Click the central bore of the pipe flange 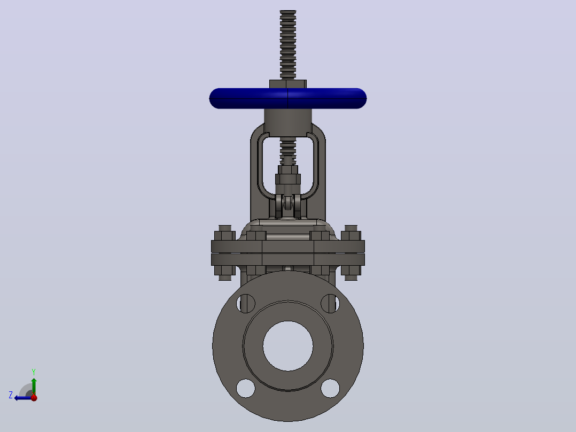click(288, 346)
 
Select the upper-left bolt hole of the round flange click(246, 304)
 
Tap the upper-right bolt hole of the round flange click(330, 304)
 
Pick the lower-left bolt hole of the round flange click(246, 388)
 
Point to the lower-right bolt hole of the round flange click(330, 388)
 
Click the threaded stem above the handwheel click(287, 45)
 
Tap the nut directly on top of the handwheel click(287, 84)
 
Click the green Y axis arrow click(34, 386)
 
